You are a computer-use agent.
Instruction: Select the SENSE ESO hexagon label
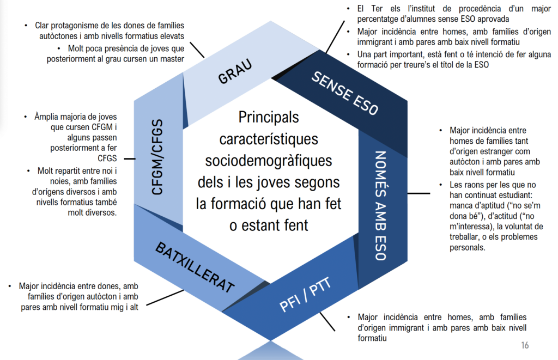click(344, 93)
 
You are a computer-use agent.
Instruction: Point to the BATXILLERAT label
click(195, 267)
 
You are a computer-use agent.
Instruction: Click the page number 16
click(525, 345)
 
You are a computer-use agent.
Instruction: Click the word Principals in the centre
click(269, 117)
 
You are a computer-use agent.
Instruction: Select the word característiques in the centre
click(269, 139)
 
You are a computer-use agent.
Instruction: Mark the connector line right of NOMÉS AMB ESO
click(418, 193)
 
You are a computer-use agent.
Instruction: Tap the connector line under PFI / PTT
click(329, 322)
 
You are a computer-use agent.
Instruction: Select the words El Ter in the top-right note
click(367, 9)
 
